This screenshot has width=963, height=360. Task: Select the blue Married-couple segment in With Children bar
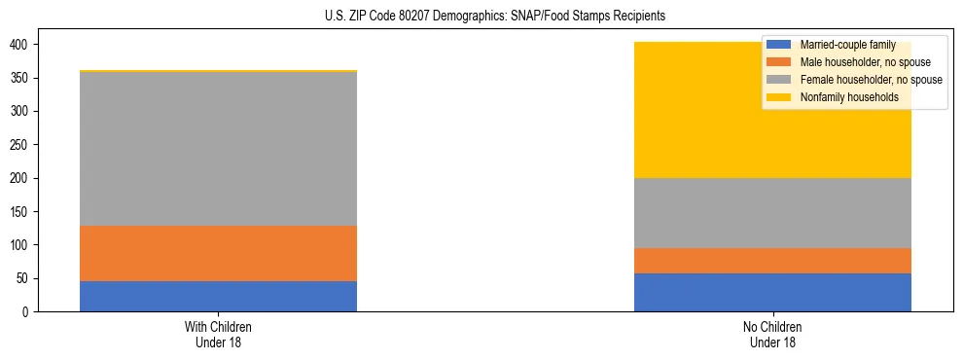pyautogui.click(x=218, y=297)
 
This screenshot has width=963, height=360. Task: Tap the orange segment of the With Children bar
pyautogui.click(x=218, y=253)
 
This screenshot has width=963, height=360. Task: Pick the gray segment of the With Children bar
pyautogui.click(x=218, y=149)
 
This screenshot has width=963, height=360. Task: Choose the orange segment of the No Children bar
pyautogui.click(x=772, y=261)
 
